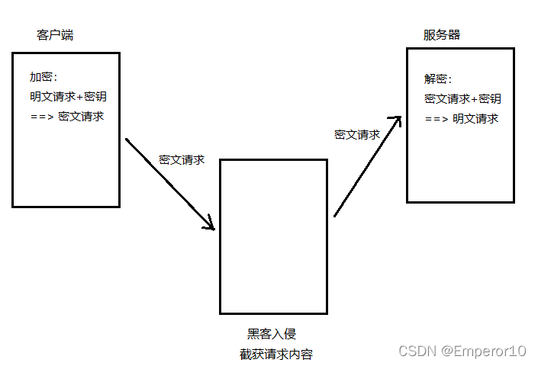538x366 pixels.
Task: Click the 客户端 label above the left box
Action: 55,35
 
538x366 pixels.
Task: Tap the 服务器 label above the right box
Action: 442,35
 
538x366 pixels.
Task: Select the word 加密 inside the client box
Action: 43,77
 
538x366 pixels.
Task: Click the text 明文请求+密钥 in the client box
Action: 68,97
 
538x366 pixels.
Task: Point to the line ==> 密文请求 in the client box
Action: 67,117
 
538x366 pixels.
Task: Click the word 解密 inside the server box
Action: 437,79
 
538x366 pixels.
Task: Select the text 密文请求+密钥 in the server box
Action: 462,99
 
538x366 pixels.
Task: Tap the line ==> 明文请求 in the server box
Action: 462,119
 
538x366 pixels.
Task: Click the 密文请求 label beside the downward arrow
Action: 182,160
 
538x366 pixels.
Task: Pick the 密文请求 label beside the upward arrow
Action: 357,135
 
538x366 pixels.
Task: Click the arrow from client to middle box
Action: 169,183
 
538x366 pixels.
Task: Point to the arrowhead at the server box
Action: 395,121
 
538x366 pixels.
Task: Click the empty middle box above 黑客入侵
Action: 273,236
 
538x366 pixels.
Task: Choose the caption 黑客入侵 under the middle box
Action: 271,334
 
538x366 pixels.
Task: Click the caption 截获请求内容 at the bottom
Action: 275,355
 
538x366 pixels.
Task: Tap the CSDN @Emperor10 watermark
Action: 463,351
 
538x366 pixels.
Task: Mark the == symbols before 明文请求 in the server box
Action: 432,119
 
